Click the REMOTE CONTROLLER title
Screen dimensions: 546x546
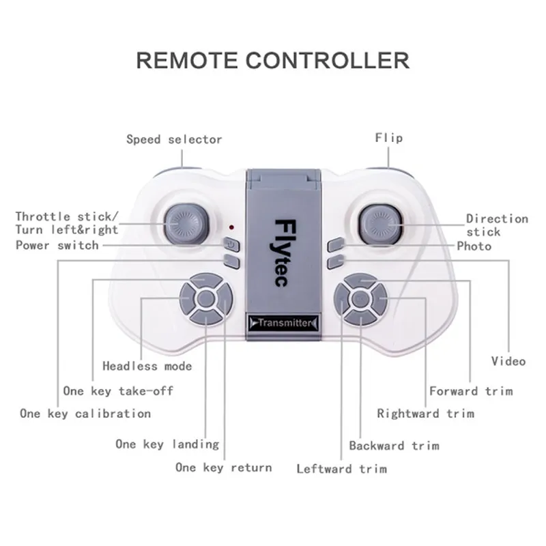click(272, 60)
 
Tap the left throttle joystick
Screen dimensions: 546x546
click(186, 223)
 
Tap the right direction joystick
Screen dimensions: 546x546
click(381, 225)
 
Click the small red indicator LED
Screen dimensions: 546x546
click(231, 227)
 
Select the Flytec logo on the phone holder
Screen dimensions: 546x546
click(283, 253)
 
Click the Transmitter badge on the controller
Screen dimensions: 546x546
click(283, 323)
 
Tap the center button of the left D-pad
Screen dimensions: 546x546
click(206, 299)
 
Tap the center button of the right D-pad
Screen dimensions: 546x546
click(360, 299)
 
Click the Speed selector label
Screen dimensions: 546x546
click(174, 139)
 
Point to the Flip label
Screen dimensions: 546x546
click(389, 138)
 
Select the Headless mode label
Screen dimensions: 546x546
click(147, 366)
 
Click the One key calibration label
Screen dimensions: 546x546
click(85, 414)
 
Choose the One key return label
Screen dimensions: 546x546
click(224, 468)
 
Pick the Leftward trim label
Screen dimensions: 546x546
click(342, 469)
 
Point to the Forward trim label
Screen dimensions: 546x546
click(471, 391)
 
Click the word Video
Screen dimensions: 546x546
click(508, 361)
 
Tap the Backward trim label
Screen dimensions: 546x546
click(394, 446)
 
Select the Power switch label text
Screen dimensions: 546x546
click(57, 245)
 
